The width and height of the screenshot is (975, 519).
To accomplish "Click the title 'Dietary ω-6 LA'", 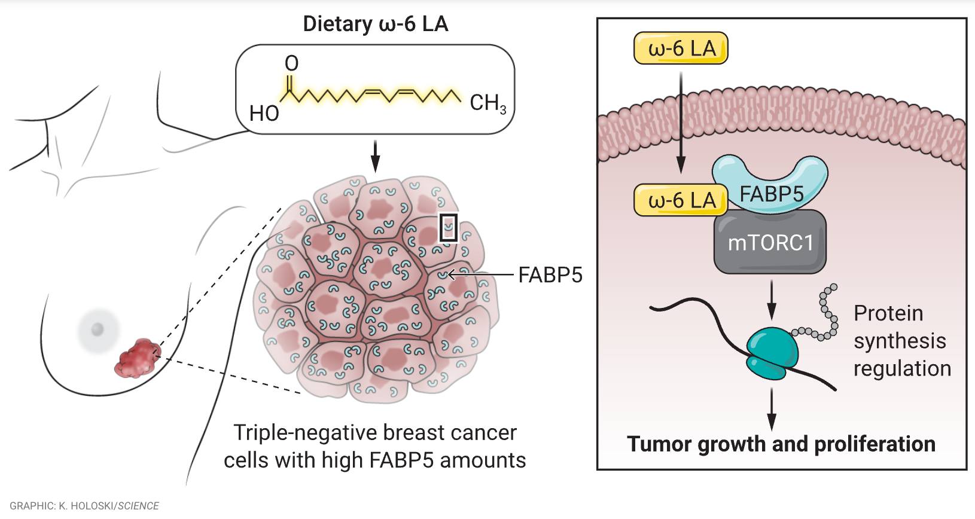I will (x=375, y=24).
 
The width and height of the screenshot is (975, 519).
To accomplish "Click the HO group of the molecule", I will (x=264, y=113).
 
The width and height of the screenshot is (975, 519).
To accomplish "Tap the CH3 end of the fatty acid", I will (x=487, y=103).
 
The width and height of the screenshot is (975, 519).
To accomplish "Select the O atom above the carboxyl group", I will (x=291, y=63).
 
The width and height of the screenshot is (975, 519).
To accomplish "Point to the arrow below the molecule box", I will (x=375, y=155).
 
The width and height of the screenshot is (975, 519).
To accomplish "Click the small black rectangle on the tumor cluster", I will (x=448, y=228).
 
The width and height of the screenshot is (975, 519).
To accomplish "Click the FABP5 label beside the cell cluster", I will (x=550, y=275).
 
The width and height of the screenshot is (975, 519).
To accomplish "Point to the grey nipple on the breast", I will (x=97, y=328).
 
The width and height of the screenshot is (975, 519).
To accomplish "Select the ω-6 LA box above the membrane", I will (x=681, y=48).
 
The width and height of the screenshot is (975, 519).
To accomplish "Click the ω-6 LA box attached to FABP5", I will (x=681, y=200).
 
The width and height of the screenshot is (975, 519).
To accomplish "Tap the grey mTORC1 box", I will (x=770, y=242).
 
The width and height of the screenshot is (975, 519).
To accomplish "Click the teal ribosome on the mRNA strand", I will (x=771, y=353).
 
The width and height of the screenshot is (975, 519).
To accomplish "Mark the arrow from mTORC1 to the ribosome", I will (x=771, y=298).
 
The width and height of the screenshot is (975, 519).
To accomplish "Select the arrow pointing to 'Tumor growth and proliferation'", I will (x=771, y=409).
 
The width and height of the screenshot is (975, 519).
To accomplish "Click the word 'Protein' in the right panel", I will (x=888, y=313).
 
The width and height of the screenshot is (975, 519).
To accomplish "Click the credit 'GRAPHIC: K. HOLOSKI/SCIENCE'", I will (x=84, y=506).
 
